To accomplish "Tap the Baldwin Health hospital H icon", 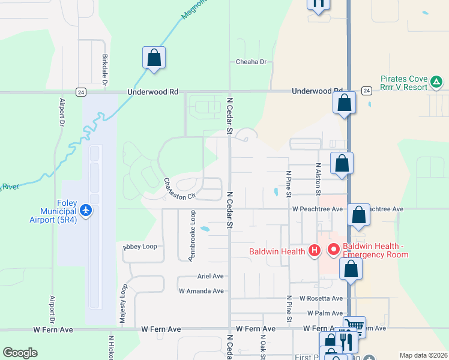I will (313, 251).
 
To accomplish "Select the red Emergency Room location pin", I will (333, 248).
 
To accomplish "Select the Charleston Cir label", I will (179, 188).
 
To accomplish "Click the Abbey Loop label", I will (140, 247).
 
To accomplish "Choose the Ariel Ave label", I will (210, 276).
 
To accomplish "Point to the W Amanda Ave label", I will (201, 291).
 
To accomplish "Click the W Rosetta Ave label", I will (321, 298).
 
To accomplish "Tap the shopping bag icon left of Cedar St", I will (154, 58).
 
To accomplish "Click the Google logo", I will (20, 353).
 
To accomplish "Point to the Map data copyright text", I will (423, 355).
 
